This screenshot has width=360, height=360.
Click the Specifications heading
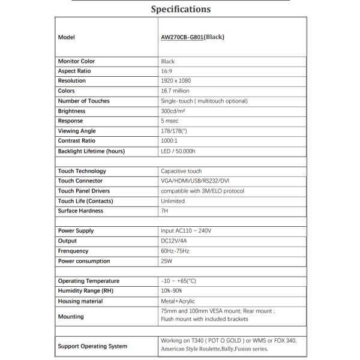[180, 9]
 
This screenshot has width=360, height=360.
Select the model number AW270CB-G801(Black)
[193, 37]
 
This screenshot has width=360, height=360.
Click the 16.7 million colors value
[176, 91]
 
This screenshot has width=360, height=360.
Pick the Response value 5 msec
[172, 121]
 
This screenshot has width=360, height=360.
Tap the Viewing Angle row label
[77, 131]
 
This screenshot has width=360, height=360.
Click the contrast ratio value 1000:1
[170, 141]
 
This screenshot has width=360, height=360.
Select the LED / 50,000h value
[178, 151]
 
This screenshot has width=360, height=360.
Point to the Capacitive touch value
[181, 171]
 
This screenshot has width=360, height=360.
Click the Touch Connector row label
[80, 181]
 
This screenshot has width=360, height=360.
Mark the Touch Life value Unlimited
[173, 201]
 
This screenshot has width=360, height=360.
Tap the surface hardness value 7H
[164, 211]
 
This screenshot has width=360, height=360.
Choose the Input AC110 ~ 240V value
[186, 231]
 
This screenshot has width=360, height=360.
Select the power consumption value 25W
[166, 261]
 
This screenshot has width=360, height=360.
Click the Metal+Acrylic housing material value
[178, 301]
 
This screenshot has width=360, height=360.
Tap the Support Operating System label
[92, 346]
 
